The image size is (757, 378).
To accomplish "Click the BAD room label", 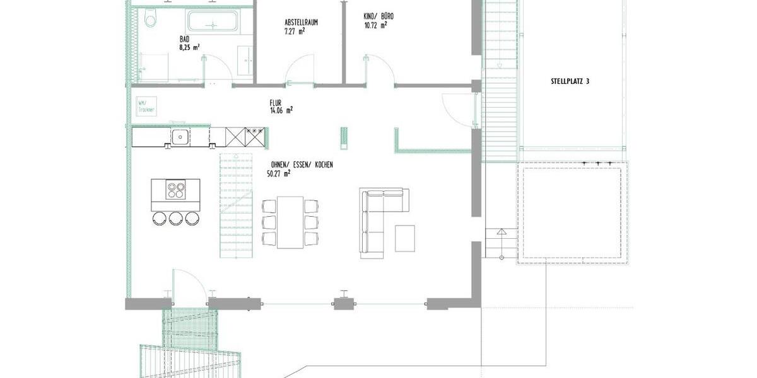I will coord(184,38).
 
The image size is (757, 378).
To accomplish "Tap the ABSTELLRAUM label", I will coord(301,22).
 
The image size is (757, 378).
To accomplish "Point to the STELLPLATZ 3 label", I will coord(570,81).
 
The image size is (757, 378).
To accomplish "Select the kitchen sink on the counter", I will coord(180,135).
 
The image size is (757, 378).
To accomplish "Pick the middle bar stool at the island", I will coord(175,218).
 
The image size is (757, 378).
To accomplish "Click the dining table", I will coord(290,222).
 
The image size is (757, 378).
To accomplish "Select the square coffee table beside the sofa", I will coord(405,238).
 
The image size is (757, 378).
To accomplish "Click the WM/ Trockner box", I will coord(146,105).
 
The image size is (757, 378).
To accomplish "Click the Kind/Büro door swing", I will coord(378,69).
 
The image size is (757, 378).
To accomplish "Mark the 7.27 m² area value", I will coord(295,30).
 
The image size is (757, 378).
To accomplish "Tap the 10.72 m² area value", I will coord(375,26).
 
